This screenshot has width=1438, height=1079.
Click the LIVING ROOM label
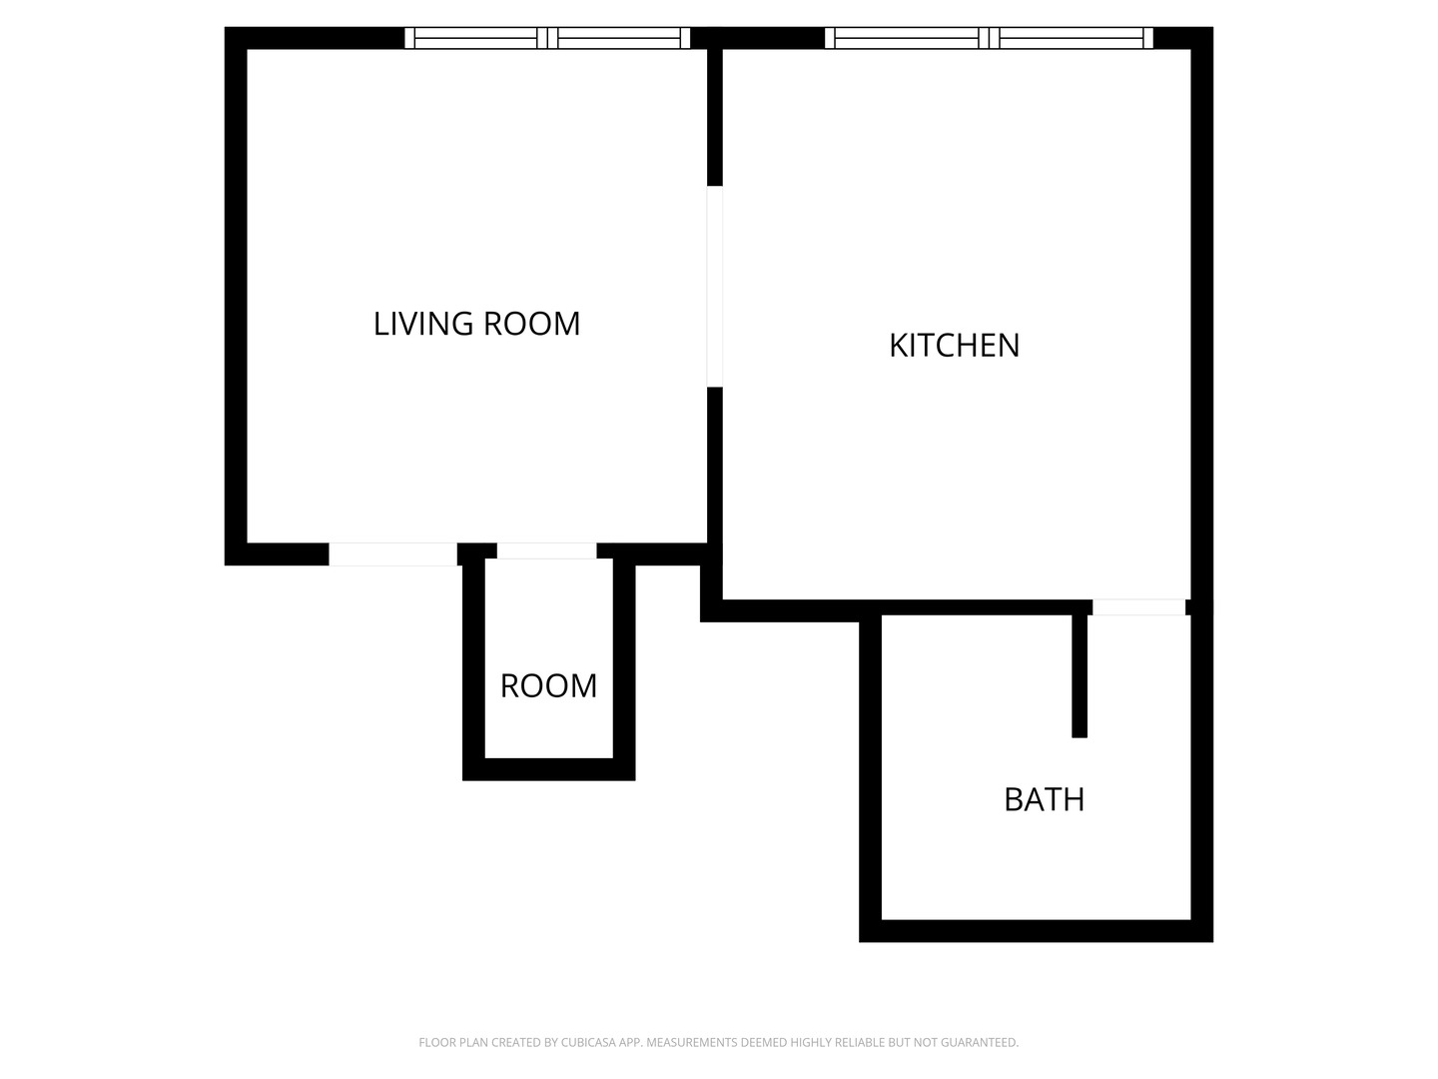click(477, 324)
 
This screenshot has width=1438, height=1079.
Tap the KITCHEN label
click(955, 346)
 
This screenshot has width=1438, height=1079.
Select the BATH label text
click(1045, 800)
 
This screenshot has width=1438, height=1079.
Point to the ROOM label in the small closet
click(548, 686)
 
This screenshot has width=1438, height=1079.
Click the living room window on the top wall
click(547, 38)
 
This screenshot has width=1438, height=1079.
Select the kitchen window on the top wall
click(989, 38)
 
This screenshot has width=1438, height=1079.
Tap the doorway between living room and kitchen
click(715, 287)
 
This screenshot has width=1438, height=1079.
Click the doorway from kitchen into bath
click(1139, 607)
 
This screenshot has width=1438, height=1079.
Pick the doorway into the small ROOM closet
click(546, 550)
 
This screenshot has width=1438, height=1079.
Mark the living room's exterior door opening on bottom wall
click(392, 554)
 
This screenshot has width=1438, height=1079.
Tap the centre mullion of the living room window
click(547, 38)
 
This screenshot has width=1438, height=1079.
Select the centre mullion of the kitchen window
click(990, 38)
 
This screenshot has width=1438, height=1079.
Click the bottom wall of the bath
click(1036, 931)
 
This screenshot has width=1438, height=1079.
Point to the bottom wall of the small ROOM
click(549, 769)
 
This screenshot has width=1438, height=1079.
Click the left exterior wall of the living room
click(236, 296)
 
